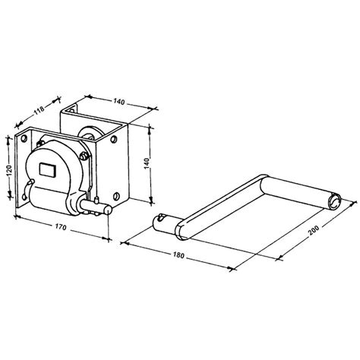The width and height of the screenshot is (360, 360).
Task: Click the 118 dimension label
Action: tap(39, 109)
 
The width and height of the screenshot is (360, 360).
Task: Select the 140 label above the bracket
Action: tap(119, 102)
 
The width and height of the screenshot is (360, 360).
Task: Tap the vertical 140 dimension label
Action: tap(149, 163)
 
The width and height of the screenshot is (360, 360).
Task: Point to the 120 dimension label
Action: tap(9, 170)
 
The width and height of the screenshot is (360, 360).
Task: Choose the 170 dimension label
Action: tap(61, 227)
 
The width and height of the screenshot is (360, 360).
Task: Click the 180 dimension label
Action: tap(178, 255)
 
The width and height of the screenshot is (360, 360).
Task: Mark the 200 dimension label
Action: tap(314, 229)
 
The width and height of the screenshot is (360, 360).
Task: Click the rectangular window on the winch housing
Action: tap(48, 169)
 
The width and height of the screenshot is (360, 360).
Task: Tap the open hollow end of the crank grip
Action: tap(335, 202)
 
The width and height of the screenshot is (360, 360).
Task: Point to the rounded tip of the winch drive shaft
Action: tap(109, 210)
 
